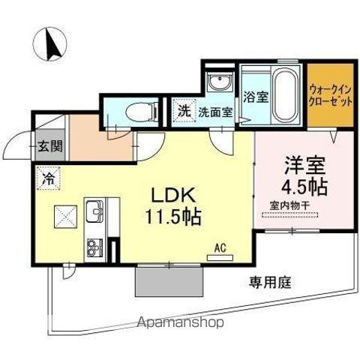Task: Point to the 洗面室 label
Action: [214, 110]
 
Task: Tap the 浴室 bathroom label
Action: [256, 96]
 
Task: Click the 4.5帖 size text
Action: [302, 183]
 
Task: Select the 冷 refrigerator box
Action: [47, 179]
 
